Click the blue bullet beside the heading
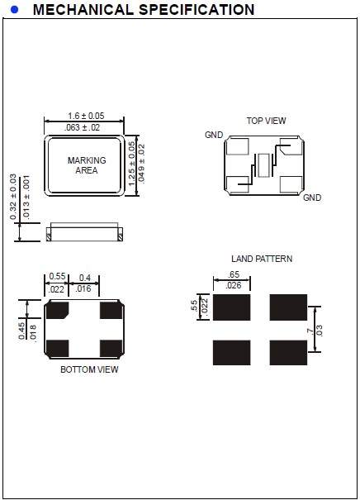click(x=14, y=10)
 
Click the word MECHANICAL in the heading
click(x=83, y=10)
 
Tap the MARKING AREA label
click(x=87, y=165)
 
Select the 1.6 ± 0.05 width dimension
click(x=86, y=116)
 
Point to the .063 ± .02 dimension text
click(x=82, y=127)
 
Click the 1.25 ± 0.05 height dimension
click(x=131, y=164)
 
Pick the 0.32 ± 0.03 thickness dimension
click(x=13, y=197)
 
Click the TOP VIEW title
click(x=266, y=121)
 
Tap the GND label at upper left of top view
click(x=214, y=135)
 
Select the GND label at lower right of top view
click(x=312, y=198)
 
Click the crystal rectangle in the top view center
click(x=263, y=165)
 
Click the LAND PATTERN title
click(x=262, y=259)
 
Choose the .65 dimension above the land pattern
click(x=234, y=274)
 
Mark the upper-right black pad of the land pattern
click(x=288, y=307)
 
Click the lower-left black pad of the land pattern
click(x=232, y=352)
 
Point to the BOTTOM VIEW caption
click(x=89, y=369)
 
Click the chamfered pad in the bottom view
click(x=57, y=310)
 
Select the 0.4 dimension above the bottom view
click(x=84, y=278)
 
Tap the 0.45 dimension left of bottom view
click(x=21, y=331)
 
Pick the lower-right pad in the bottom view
click(x=111, y=348)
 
